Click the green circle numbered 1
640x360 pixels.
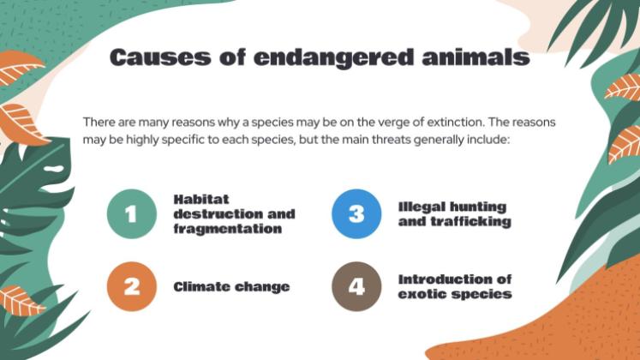click(x=132, y=213)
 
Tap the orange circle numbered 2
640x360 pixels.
click(x=132, y=286)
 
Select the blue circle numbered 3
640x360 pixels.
click(x=356, y=213)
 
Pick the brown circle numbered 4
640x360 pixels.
click(x=356, y=286)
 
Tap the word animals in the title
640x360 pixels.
click(x=475, y=57)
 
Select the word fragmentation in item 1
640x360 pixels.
click(x=228, y=229)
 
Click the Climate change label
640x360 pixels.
click(x=231, y=287)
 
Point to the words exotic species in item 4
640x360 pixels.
click(x=455, y=294)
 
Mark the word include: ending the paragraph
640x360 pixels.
click(x=486, y=137)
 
